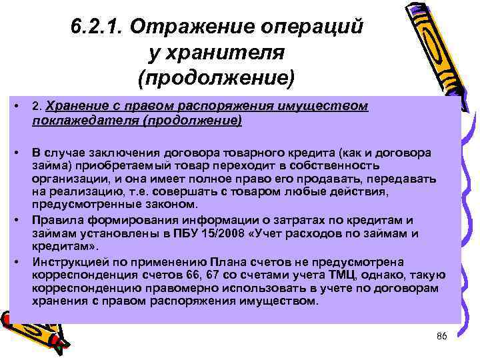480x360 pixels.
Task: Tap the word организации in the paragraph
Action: [x=70, y=179]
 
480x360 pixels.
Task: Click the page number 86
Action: [x=440, y=335]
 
